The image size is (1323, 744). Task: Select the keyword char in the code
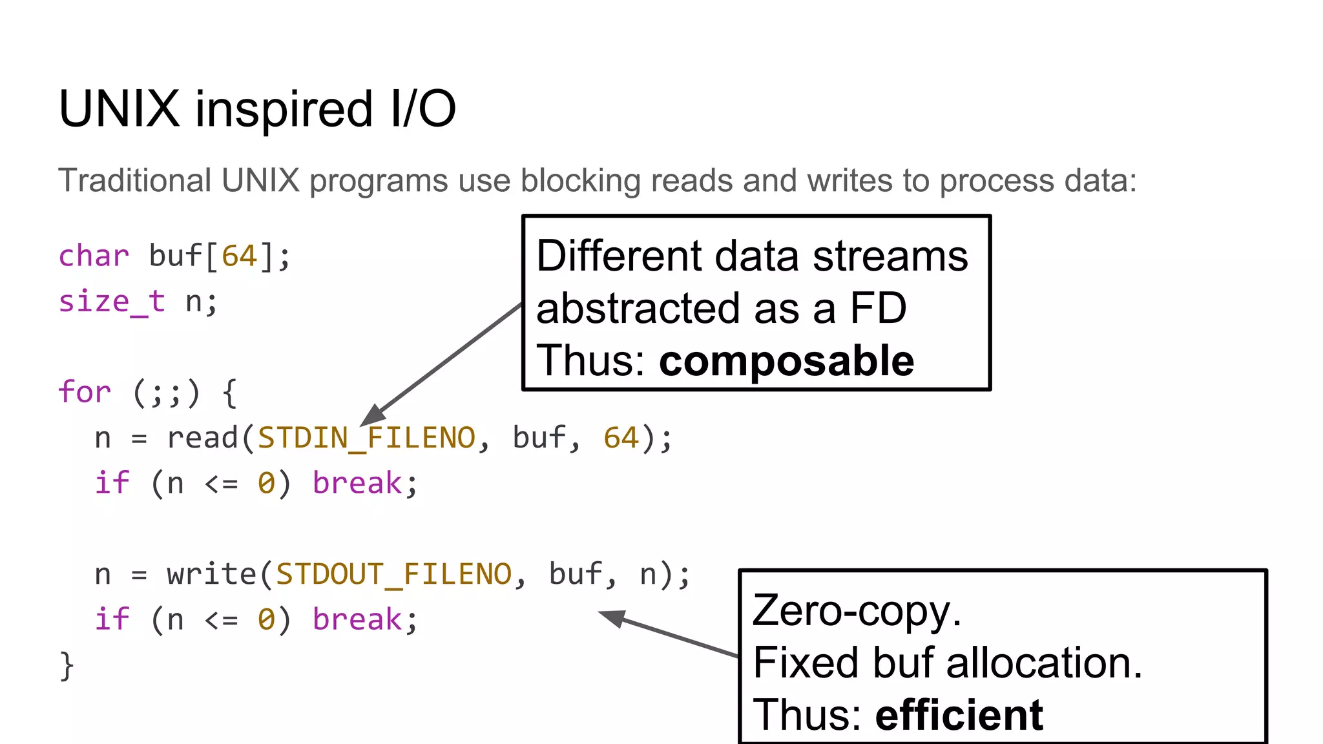point(94,256)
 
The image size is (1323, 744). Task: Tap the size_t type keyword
point(112,302)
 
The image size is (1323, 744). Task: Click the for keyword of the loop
point(84,392)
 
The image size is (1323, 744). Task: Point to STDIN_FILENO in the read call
point(366,438)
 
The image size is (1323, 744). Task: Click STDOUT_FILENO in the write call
point(393,574)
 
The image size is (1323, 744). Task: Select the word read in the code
point(203,438)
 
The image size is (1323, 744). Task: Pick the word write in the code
point(211,574)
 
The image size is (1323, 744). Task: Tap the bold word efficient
point(959,715)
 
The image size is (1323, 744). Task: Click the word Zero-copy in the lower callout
point(857,610)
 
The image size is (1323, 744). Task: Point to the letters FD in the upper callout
point(878,308)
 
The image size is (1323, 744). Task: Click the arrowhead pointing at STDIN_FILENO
point(373,415)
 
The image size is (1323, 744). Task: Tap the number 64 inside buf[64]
point(239,256)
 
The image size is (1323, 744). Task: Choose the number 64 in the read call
point(621,438)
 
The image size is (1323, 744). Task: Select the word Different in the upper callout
point(618,256)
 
